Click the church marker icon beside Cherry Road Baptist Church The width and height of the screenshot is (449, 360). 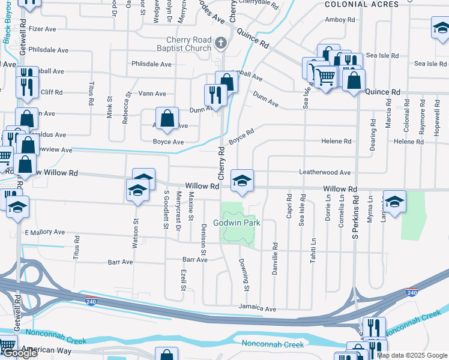221,43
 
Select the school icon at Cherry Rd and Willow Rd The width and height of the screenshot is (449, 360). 242,181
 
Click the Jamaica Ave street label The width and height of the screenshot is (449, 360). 257,308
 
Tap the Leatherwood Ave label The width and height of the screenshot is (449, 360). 325,172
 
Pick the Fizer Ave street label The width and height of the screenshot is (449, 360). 42,28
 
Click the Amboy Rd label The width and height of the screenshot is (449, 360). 340,20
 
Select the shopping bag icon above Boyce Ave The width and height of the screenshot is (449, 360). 167,119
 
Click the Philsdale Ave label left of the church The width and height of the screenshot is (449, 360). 152,64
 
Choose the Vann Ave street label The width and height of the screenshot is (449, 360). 152,94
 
